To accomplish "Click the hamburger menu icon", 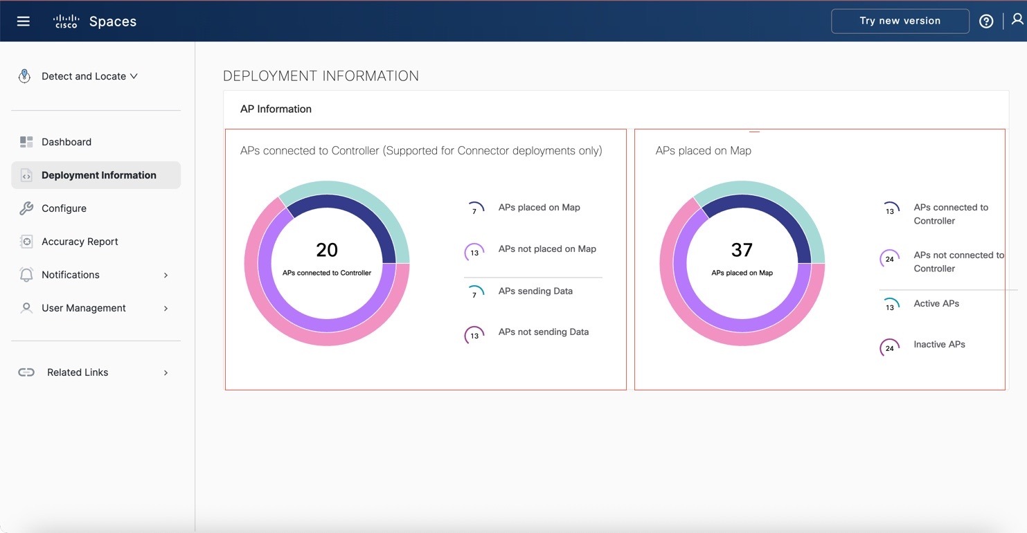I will (x=24, y=21).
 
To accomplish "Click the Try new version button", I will (x=900, y=21).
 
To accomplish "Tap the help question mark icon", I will (x=986, y=21).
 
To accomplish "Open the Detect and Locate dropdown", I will (x=89, y=76).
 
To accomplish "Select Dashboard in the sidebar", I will (x=66, y=142).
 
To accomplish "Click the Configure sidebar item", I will (x=64, y=208).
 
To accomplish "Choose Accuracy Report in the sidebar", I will (x=80, y=242).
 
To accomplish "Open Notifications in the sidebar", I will (x=71, y=275).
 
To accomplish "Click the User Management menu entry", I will (x=83, y=308).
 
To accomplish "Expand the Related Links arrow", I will (x=166, y=372).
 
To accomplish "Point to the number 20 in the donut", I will (x=327, y=250).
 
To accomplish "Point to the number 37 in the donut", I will (x=742, y=250).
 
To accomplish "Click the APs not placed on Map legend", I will (x=547, y=249).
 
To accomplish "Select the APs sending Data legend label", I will (x=535, y=291).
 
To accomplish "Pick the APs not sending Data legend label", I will (x=543, y=332).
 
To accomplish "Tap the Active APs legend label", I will (x=936, y=304).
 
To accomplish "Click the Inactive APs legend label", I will (x=939, y=345).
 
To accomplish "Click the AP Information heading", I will (x=276, y=109).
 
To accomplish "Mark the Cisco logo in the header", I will (x=66, y=21).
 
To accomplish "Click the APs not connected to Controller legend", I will (x=958, y=262).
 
